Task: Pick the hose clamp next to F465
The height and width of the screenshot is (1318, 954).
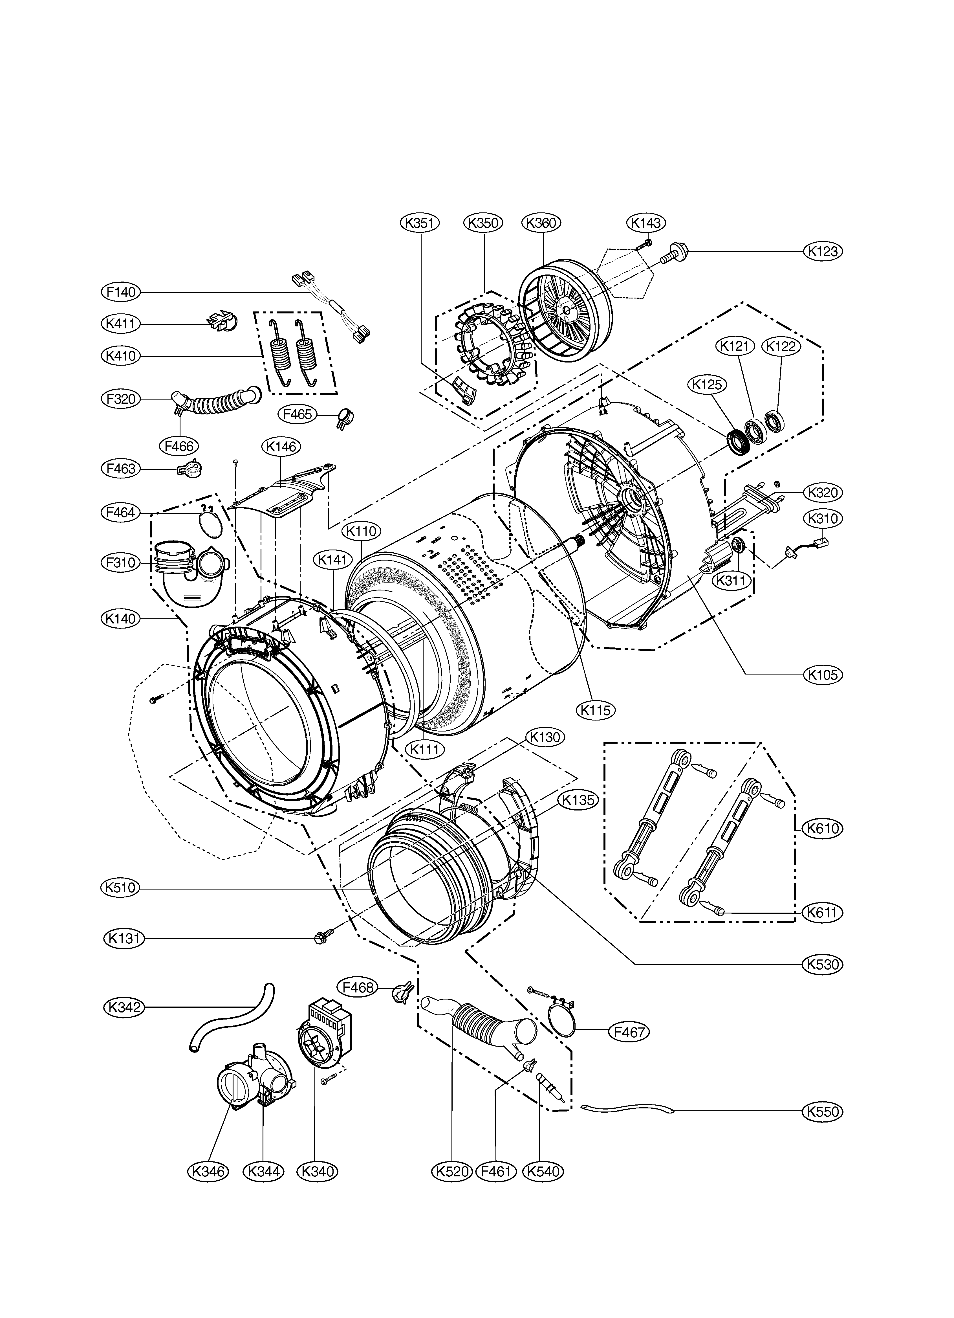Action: click(346, 417)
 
